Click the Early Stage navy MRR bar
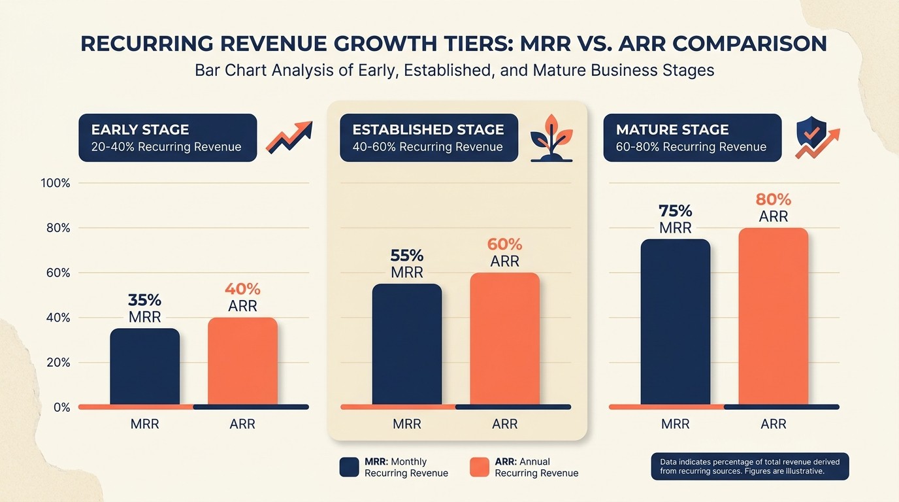(x=144, y=367)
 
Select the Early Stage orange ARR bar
(x=242, y=361)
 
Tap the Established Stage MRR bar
(x=406, y=344)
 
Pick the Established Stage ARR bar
(x=504, y=339)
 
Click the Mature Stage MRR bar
(x=675, y=322)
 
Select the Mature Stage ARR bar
(x=773, y=316)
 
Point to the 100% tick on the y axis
(x=56, y=183)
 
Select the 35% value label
(x=144, y=300)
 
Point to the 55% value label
(x=406, y=256)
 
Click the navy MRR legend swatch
(x=350, y=467)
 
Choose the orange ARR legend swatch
(x=480, y=467)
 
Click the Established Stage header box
(x=429, y=138)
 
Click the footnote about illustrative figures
(x=750, y=466)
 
